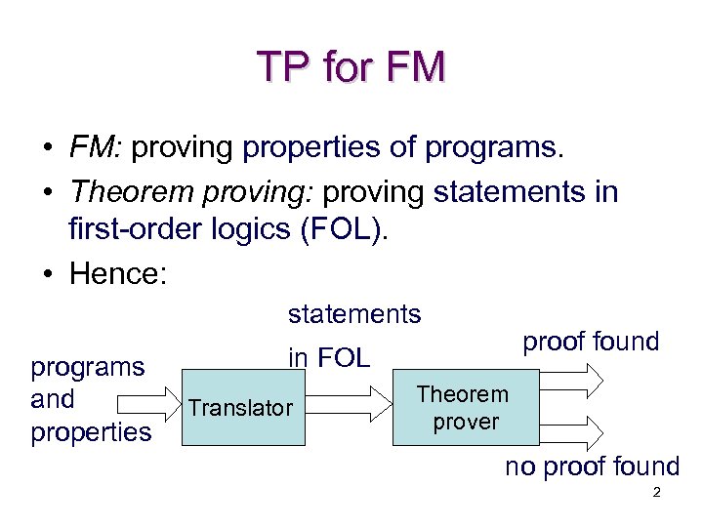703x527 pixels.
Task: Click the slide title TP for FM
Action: click(x=351, y=66)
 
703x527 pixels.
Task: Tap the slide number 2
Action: click(x=656, y=494)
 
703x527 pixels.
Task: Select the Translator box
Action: click(x=240, y=408)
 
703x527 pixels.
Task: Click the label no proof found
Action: click(x=591, y=466)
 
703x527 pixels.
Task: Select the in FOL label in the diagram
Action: click(x=328, y=357)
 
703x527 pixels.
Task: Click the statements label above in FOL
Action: click(x=353, y=313)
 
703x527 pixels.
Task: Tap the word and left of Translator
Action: click(x=53, y=399)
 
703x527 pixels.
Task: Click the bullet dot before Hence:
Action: click(x=47, y=274)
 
